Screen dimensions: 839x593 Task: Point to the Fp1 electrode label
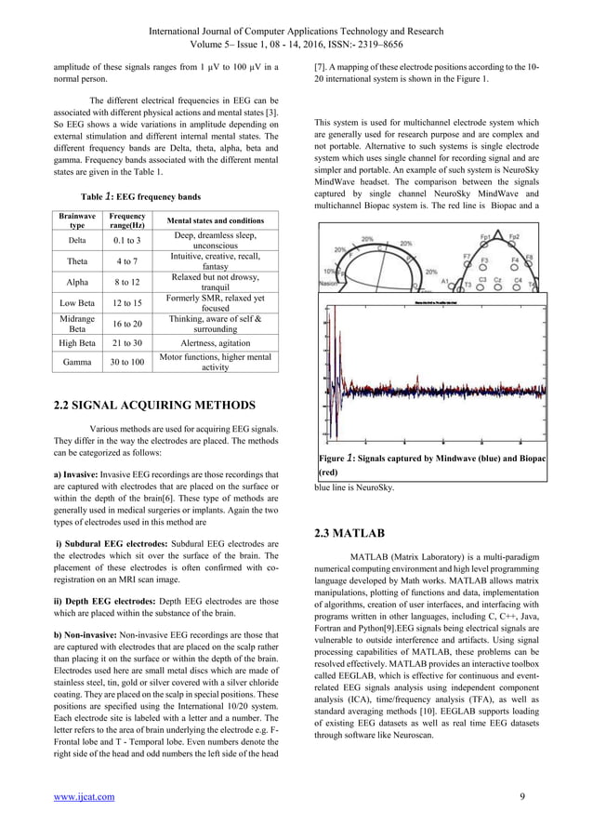coord(485,237)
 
